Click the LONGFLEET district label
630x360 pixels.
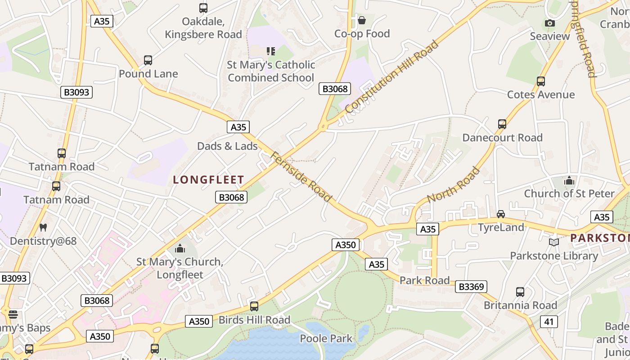208,180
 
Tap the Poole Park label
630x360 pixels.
326,338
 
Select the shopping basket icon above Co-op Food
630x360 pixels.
361,20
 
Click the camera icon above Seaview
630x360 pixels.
549,23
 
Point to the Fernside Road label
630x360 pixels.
301,177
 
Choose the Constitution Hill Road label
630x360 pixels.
391,76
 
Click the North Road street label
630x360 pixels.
453,185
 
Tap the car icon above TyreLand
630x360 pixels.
501,214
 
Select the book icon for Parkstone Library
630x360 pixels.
554,243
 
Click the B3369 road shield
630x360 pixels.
471,287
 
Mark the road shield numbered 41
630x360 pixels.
549,321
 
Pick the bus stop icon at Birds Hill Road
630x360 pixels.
254,306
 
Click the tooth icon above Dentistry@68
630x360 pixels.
43,227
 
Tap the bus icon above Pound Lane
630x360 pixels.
148,60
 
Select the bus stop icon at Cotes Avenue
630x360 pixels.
541,81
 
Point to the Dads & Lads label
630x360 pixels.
227,146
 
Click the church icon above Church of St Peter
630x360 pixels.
569,180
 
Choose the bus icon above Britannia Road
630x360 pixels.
520,292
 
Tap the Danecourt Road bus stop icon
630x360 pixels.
502,124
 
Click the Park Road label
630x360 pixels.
424,280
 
